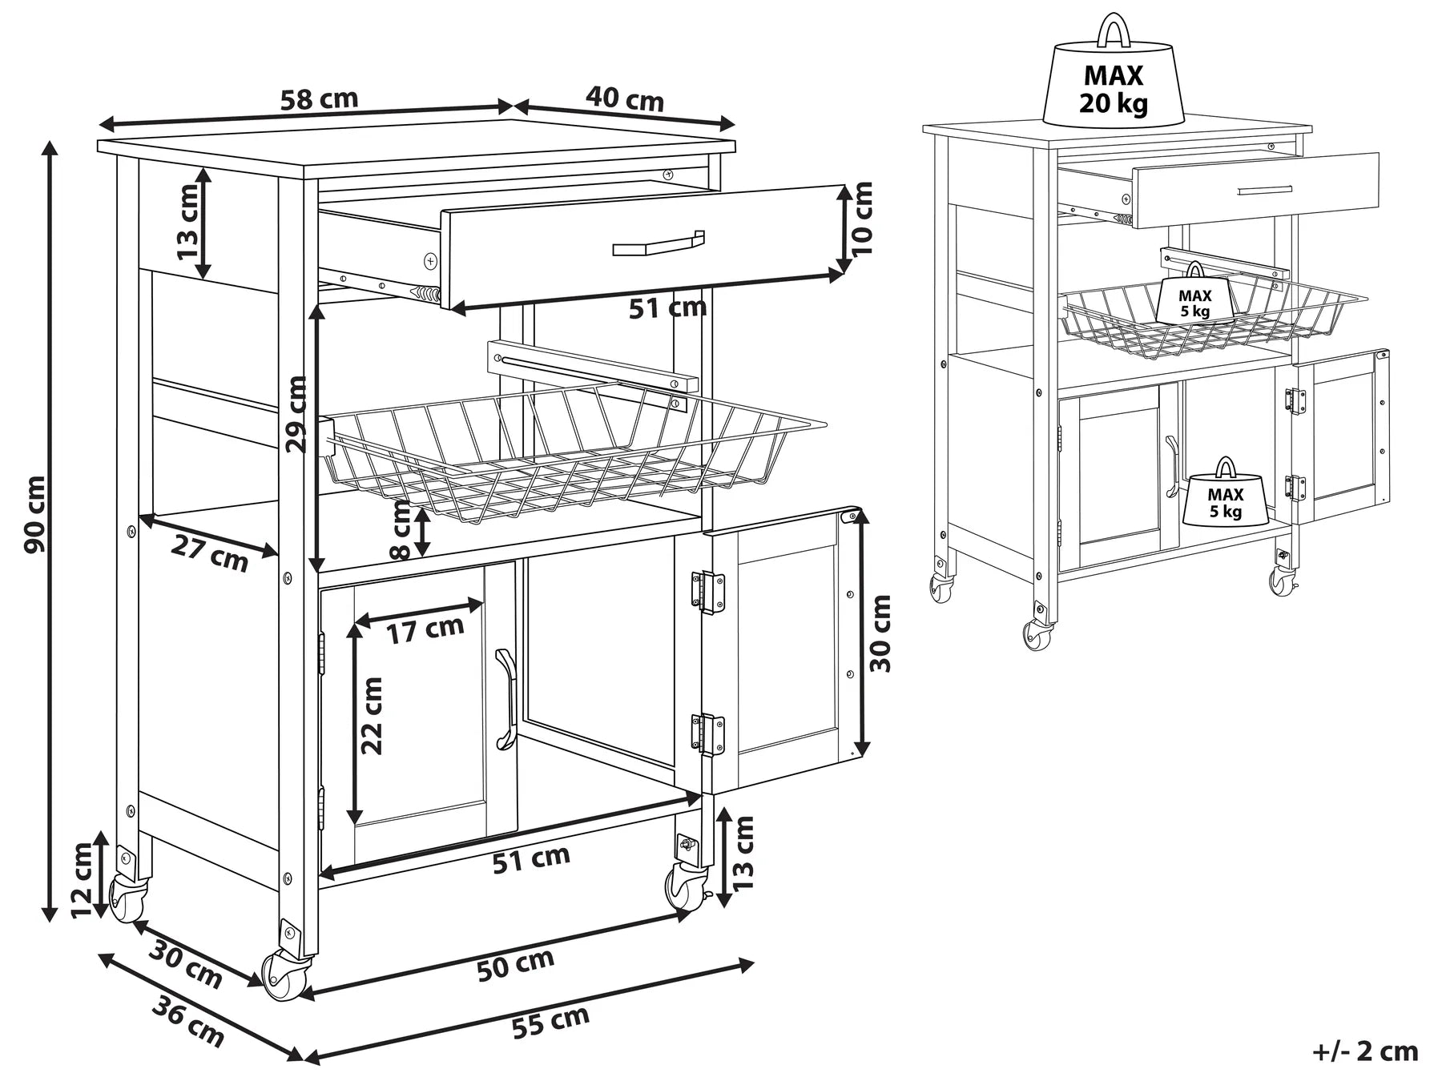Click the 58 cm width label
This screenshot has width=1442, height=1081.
click(x=319, y=100)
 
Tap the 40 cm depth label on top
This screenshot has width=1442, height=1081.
click(x=624, y=99)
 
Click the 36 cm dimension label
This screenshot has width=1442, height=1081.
click(x=187, y=1022)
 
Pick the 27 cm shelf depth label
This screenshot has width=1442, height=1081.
click(x=209, y=554)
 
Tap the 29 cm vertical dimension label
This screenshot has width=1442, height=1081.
click(x=296, y=415)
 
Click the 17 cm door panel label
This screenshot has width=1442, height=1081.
click(x=425, y=629)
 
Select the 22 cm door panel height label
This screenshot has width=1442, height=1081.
click(x=372, y=716)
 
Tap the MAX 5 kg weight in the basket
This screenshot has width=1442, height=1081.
click(x=1194, y=298)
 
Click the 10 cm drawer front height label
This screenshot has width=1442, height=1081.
click(x=863, y=218)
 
